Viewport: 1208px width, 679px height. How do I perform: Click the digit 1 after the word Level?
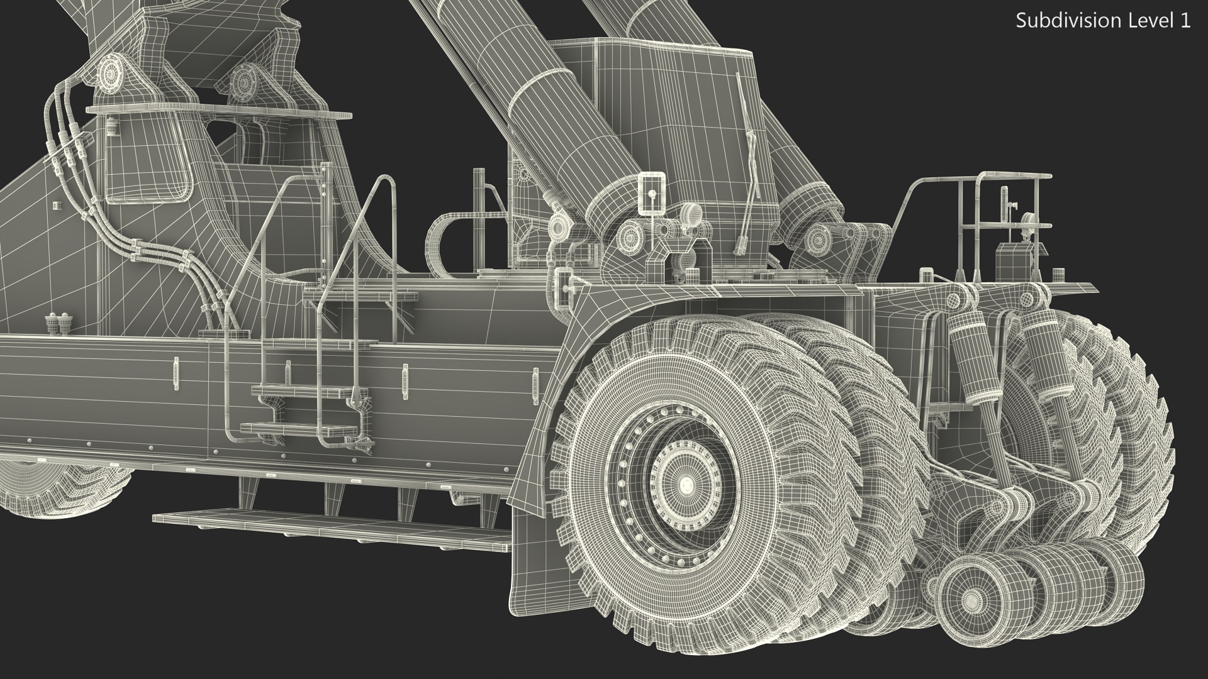click(1186, 21)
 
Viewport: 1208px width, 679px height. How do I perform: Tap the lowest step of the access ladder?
click(299, 429)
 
